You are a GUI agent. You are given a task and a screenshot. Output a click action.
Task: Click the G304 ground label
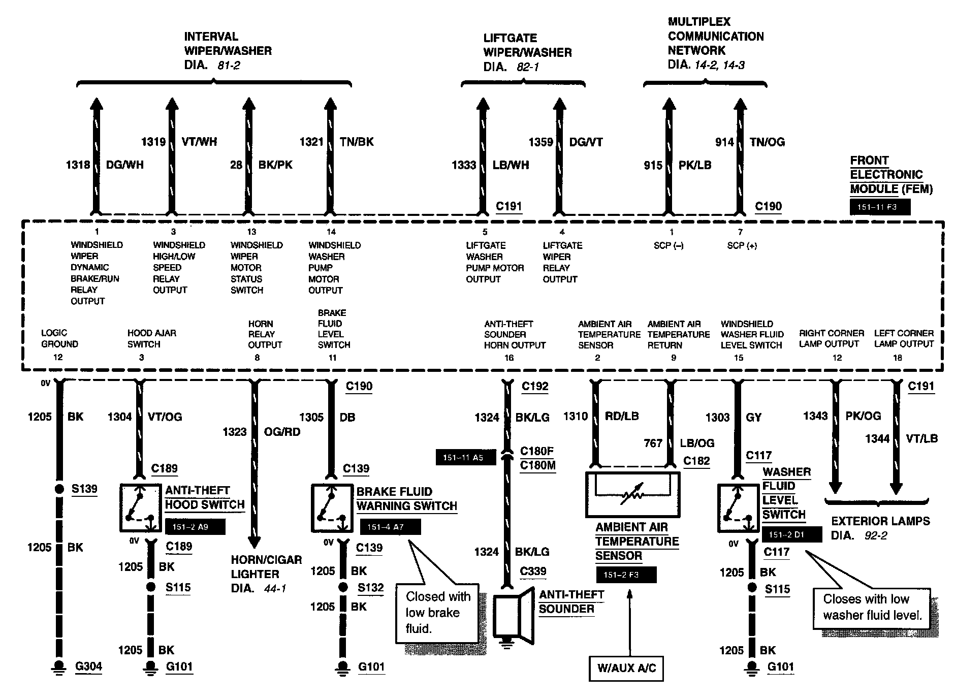pyautogui.click(x=88, y=666)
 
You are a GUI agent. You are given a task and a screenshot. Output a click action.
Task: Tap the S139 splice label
pyautogui.click(x=84, y=489)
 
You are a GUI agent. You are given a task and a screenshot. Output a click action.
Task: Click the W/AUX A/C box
pyautogui.click(x=626, y=668)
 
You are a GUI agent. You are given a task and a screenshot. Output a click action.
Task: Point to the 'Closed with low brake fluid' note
pyautogui.click(x=437, y=612)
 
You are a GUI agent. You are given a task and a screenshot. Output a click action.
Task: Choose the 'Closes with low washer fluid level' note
pyautogui.click(x=872, y=607)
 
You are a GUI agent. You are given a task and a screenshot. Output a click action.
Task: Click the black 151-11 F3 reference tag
pyautogui.click(x=880, y=207)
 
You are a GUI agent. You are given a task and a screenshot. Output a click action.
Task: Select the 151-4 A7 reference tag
pyautogui.click(x=390, y=527)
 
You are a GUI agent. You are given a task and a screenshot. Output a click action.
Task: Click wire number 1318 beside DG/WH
pyautogui.click(x=78, y=165)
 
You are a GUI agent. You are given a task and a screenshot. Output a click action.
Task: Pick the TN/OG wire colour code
pyautogui.click(x=767, y=142)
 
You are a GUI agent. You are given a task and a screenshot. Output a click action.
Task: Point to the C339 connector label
pyautogui.click(x=533, y=571)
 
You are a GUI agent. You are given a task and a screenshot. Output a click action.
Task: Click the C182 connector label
pyautogui.click(x=696, y=461)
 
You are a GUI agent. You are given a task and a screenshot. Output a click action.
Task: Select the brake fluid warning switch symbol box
pyautogui.click(x=332, y=507)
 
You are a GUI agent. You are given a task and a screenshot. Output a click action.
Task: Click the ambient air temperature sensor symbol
pyautogui.click(x=632, y=493)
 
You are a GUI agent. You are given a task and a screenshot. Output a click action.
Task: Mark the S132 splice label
pyautogui.click(x=370, y=588)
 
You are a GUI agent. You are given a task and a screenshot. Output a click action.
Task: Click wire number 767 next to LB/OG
pyautogui.click(x=653, y=443)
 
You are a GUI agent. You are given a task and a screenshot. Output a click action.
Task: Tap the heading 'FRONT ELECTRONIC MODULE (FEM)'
pyautogui.click(x=891, y=175)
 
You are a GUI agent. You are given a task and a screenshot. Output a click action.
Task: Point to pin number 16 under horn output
pyautogui.click(x=509, y=358)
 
